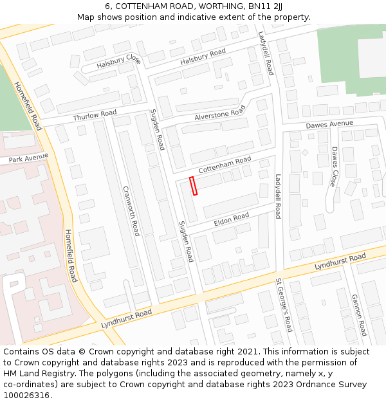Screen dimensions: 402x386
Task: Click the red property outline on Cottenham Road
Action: tap(194, 185)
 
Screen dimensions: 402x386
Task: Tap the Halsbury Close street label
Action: tap(118, 62)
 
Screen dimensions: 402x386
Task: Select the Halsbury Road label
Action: tap(203, 56)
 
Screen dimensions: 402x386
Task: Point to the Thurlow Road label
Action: tap(95, 115)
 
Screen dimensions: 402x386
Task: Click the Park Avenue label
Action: tap(29, 157)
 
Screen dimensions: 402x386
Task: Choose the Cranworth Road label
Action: tap(131, 211)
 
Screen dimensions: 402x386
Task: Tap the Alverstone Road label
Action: tap(220, 113)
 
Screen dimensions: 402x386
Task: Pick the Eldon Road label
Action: tap(231, 219)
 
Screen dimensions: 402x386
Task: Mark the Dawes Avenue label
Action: tap(329, 124)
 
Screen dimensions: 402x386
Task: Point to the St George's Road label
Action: tap(284, 305)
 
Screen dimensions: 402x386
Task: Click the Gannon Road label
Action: tap(358, 315)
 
